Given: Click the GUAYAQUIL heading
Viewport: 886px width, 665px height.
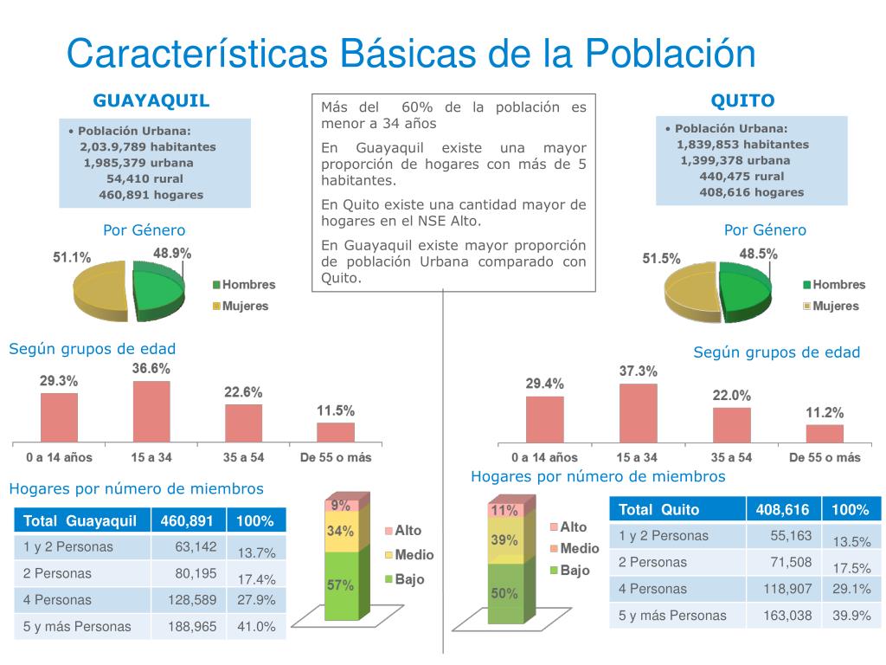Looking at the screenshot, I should (x=151, y=100).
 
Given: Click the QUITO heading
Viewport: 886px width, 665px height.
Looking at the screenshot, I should (x=742, y=100).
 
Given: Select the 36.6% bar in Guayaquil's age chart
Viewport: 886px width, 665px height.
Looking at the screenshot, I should (x=151, y=411).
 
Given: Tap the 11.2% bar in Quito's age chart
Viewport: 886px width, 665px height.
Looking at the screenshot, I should (x=824, y=433).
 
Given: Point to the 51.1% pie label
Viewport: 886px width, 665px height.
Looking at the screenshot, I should (x=72, y=257).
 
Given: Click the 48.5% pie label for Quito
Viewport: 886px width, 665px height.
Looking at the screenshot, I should (x=758, y=254).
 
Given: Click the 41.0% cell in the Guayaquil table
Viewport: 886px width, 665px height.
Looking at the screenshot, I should (x=256, y=626).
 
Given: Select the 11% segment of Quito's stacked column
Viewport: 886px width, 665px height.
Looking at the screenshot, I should (x=504, y=510).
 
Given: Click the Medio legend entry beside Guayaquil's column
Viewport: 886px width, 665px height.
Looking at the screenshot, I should (x=414, y=555).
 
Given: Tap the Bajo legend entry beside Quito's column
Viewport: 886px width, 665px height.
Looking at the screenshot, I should (x=574, y=571).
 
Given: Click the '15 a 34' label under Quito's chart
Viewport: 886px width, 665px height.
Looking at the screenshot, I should (x=637, y=457).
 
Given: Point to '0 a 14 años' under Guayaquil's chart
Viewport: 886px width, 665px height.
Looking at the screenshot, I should (x=59, y=457).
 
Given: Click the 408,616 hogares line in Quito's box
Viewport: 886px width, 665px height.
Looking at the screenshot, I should (x=751, y=192).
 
